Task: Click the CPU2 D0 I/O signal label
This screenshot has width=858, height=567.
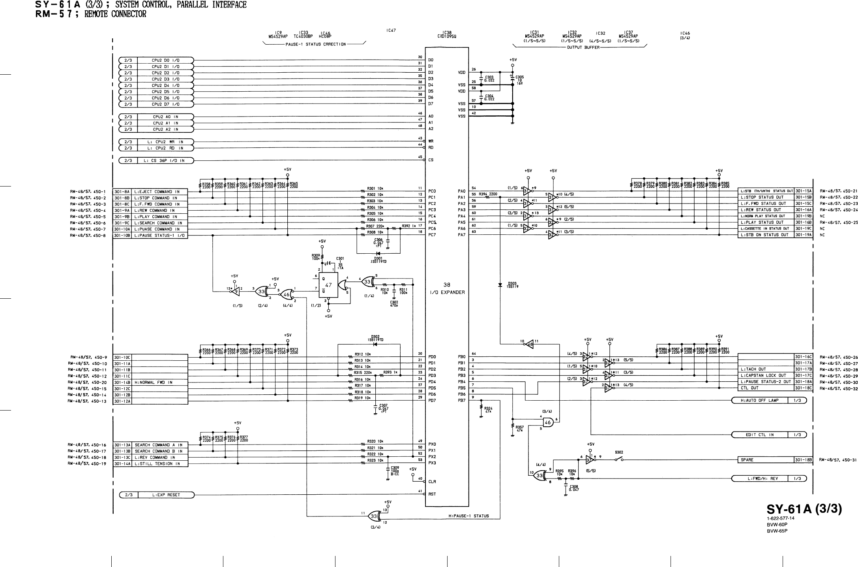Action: (165, 60)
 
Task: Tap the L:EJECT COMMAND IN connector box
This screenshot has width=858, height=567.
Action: (157, 192)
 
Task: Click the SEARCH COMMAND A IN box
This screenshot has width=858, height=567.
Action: (158, 445)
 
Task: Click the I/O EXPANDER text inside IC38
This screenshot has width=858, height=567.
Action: (447, 292)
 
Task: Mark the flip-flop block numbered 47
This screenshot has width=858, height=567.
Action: (328, 285)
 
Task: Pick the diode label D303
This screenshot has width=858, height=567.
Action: (512, 283)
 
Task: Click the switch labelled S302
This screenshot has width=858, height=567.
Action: (618, 452)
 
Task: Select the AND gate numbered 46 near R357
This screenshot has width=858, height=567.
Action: (548, 422)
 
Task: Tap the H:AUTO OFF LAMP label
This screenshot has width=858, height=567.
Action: (759, 401)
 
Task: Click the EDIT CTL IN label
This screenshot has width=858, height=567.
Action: (759, 435)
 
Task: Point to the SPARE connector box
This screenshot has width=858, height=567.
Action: (765, 460)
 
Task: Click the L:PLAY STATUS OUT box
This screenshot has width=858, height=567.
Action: (765, 222)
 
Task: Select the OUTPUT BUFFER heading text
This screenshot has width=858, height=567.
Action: (583, 47)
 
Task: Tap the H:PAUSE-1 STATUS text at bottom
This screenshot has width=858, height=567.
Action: (469, 516)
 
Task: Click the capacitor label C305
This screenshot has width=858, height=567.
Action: (520, 77)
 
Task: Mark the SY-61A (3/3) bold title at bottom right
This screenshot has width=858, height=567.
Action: (804, 509)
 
